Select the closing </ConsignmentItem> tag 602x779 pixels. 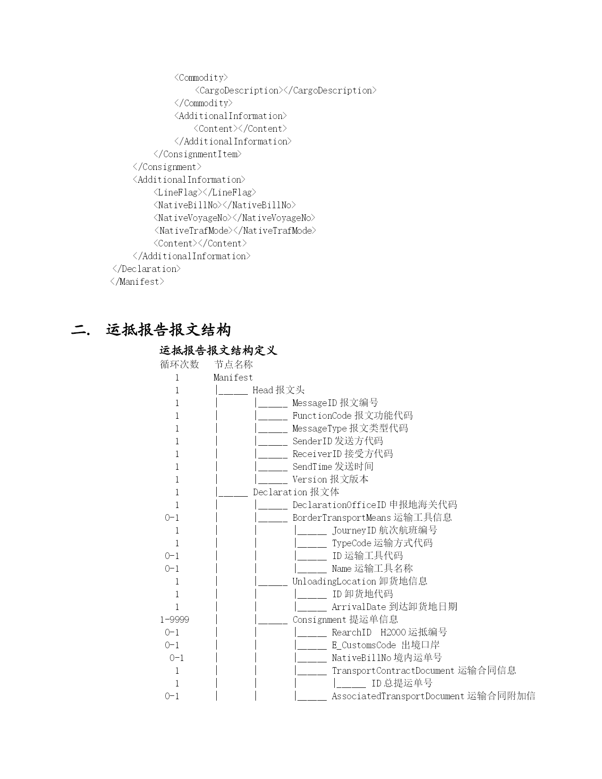tap(197, 154)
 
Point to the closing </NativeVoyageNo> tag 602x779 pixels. tap(274, 218)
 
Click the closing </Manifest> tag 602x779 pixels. tap(137, 281)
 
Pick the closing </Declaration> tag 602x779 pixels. tap(146, 269)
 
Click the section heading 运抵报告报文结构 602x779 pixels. tap(168, 330)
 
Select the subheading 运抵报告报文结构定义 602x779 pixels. tap(218, 350)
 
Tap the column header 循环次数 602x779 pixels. tap(179, 364)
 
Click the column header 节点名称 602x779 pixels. tap(234, 364)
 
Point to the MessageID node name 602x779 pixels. tap(314, 403)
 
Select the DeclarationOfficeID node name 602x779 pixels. tap(339, 505)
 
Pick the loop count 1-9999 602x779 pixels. tap(175, 619)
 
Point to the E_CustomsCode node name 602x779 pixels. tap(364, 645)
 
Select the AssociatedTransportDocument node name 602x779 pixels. tap(398, 696)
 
